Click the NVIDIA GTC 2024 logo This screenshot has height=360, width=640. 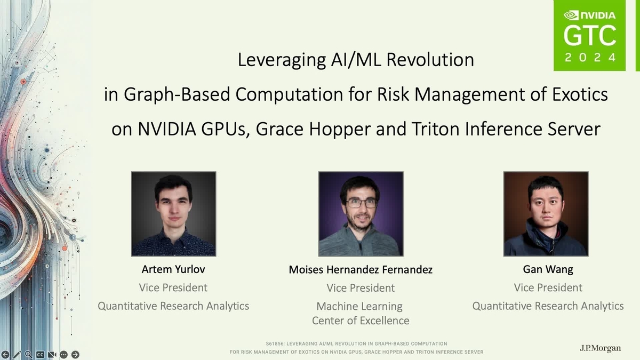click(589, 35)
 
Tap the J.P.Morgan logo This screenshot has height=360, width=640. click(601, 348)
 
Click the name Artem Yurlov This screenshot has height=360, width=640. click(173, 269)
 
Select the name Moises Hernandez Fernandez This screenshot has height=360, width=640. click(361, 269)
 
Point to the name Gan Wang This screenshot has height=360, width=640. click(548, 269)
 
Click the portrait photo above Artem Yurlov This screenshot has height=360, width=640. click(173, 214)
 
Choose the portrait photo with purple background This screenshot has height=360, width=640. click(361, 214)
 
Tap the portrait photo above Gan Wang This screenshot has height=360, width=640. click(546, 214)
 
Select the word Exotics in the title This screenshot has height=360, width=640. click(580, 94)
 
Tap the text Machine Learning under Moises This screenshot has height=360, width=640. click(359, 307)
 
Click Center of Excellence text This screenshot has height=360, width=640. click(361, 321)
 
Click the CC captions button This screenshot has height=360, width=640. click(40, 355)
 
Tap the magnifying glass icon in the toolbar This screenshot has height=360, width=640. click(28, 355)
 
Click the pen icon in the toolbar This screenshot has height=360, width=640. click(17, 355)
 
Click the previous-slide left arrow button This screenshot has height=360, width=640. click(5, 355)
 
